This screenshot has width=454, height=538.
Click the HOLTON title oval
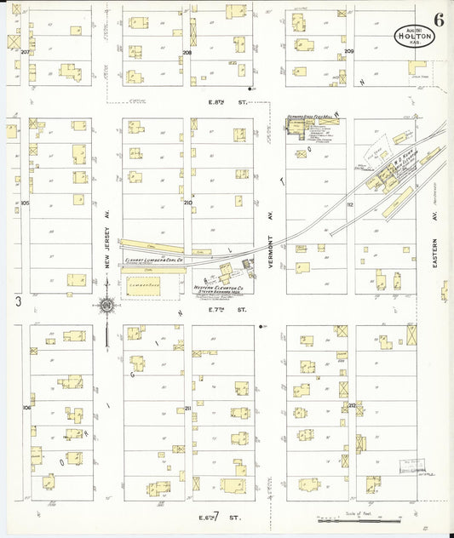[414, 36]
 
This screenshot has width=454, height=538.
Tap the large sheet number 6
[437, 20]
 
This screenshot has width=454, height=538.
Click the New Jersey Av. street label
[108, 252]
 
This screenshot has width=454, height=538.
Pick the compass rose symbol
[107, 305]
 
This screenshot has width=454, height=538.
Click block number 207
[26, 53]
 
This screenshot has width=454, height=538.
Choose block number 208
[186, 53]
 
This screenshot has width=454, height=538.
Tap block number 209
[349, 52]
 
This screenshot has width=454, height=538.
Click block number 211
[187, 409]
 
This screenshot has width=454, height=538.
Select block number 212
[351, 406]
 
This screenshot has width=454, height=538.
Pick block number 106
[26, 409]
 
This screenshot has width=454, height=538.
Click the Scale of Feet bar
[358, 518]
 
